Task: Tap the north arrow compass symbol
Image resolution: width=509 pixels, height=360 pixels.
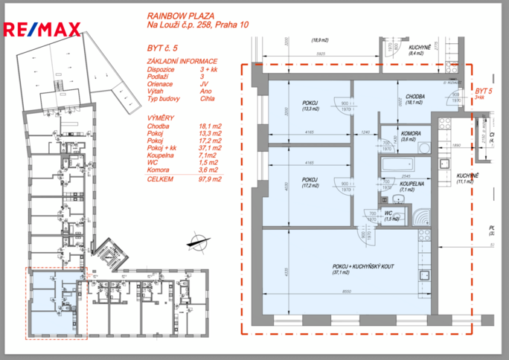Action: coord(199,241)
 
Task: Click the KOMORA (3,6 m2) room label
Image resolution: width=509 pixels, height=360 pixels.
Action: coord(388,136)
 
